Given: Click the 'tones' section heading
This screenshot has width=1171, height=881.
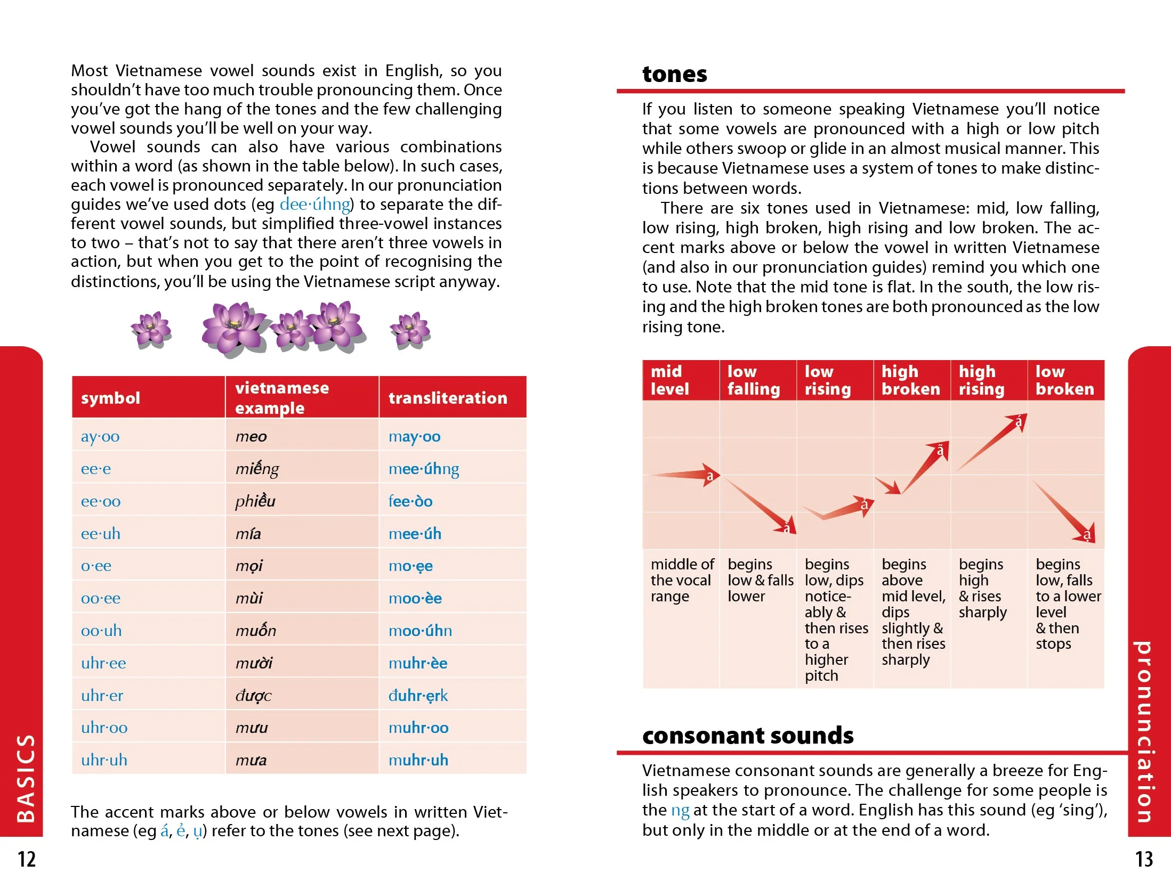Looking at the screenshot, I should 674,74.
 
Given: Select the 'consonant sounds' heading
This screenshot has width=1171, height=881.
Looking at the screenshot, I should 747,736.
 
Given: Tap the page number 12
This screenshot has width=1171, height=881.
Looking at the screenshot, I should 27,859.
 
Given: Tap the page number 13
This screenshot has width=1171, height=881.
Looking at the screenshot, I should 1144,859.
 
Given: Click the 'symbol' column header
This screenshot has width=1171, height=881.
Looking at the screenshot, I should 110,398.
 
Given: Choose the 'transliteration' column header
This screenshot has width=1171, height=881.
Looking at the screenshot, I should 448,398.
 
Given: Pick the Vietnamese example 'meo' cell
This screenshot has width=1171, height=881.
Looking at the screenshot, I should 251,437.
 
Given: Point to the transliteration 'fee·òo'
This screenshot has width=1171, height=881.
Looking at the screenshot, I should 410,501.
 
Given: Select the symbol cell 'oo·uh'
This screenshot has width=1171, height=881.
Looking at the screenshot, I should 101,631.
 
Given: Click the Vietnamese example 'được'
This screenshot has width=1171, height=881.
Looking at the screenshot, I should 253,696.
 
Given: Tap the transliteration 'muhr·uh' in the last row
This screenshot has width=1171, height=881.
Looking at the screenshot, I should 418,760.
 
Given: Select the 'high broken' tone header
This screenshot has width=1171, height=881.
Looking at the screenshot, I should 910,380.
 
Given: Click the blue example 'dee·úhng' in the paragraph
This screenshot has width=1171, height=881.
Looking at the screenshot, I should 315,205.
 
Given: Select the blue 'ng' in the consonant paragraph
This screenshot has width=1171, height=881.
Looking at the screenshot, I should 680,810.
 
